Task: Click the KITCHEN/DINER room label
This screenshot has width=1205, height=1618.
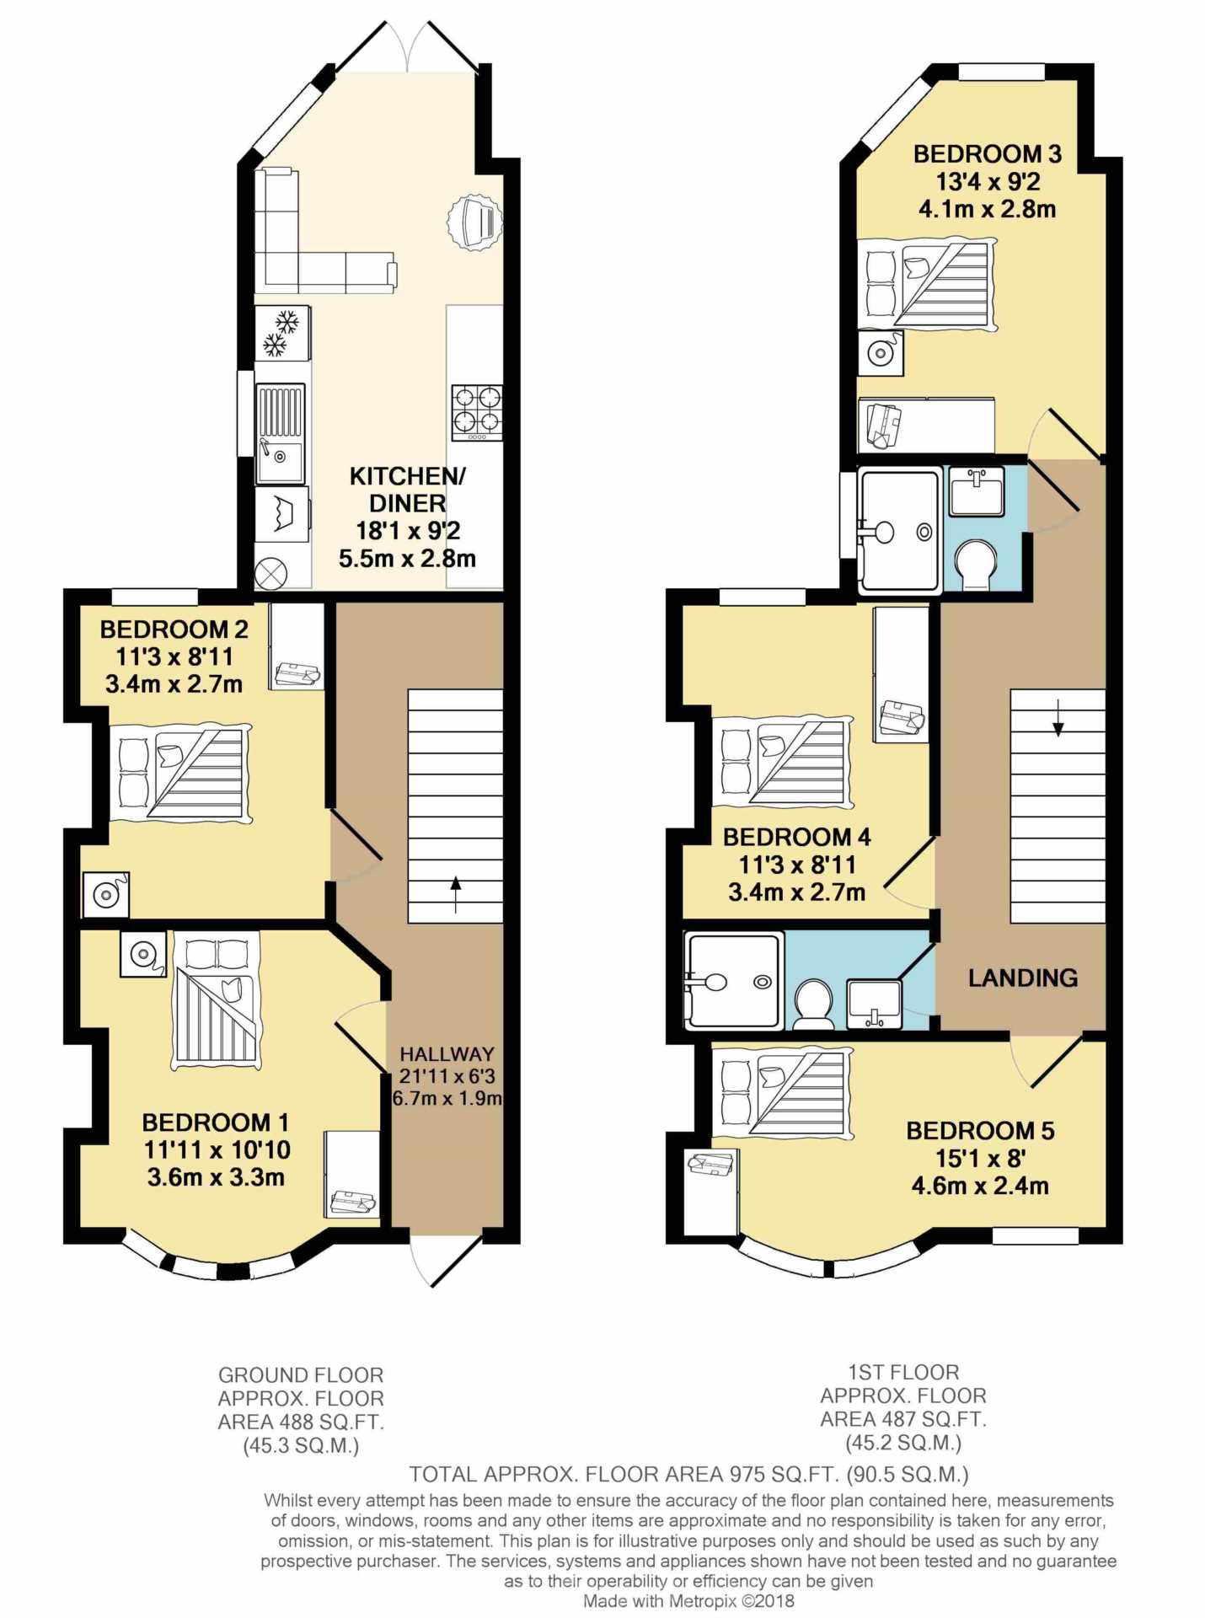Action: (407, 490)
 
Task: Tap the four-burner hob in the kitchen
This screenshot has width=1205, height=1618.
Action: (477, 412)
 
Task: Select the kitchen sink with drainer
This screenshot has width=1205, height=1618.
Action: (281, 434)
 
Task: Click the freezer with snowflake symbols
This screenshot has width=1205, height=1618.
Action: (282, 332)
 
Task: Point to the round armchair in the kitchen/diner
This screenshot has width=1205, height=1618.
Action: (473, 222)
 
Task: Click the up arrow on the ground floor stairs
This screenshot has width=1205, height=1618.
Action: (456, 894)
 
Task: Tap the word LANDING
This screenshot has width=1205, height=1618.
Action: (1022, 978)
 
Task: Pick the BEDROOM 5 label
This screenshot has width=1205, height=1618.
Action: (980, 1130)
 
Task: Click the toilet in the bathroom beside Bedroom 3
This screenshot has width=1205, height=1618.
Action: (977, 563)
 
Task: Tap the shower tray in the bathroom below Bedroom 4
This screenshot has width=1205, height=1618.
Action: (733, 981)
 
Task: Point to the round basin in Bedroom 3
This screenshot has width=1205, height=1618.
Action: (881, 352)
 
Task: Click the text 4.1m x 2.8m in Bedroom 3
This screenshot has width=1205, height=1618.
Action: (987, 209)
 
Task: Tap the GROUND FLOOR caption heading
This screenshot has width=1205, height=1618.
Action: (301, 1375)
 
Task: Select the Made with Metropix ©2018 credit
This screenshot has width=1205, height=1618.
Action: (688, 1601)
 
